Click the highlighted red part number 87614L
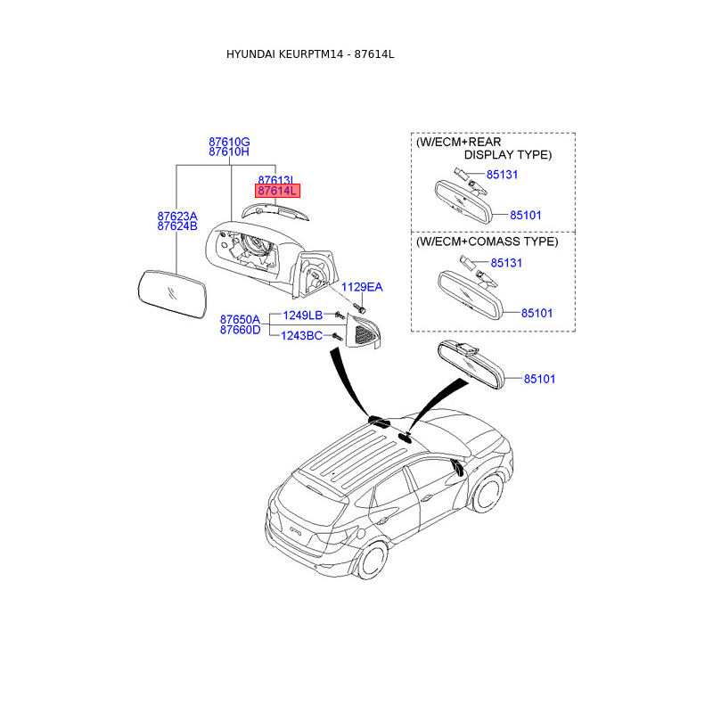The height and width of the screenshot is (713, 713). pyautogui.click(x=278, y=191)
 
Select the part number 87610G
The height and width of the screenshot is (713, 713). pyautogui.click(x=229, y=142)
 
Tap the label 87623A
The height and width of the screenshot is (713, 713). pyautogui.click(x=177, y=217)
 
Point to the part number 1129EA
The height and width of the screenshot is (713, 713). pyautogui.click(x=362, y=287)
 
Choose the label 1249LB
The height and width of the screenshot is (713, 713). pyautogui.click(x=302, y=316)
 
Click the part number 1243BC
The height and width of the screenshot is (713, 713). pyautogui.click(x=302, y=336)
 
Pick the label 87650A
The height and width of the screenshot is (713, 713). pyautogui.click(x=240, y=319)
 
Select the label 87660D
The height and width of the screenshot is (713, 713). pyautogui.click(x=240, y=330)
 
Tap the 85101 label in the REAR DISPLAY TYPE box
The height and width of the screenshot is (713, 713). pyautogui.click(x=525, y=215)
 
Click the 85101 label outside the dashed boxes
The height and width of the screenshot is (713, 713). pyautogui.click(x=538, y=379)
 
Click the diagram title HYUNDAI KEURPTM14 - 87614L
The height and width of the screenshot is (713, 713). pyautogui.click(x=310, y=54)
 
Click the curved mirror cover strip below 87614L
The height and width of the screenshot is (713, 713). pyautogui.click(x=275, y=210)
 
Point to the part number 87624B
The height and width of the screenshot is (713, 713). pyautogui.click(x=177, y=226)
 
